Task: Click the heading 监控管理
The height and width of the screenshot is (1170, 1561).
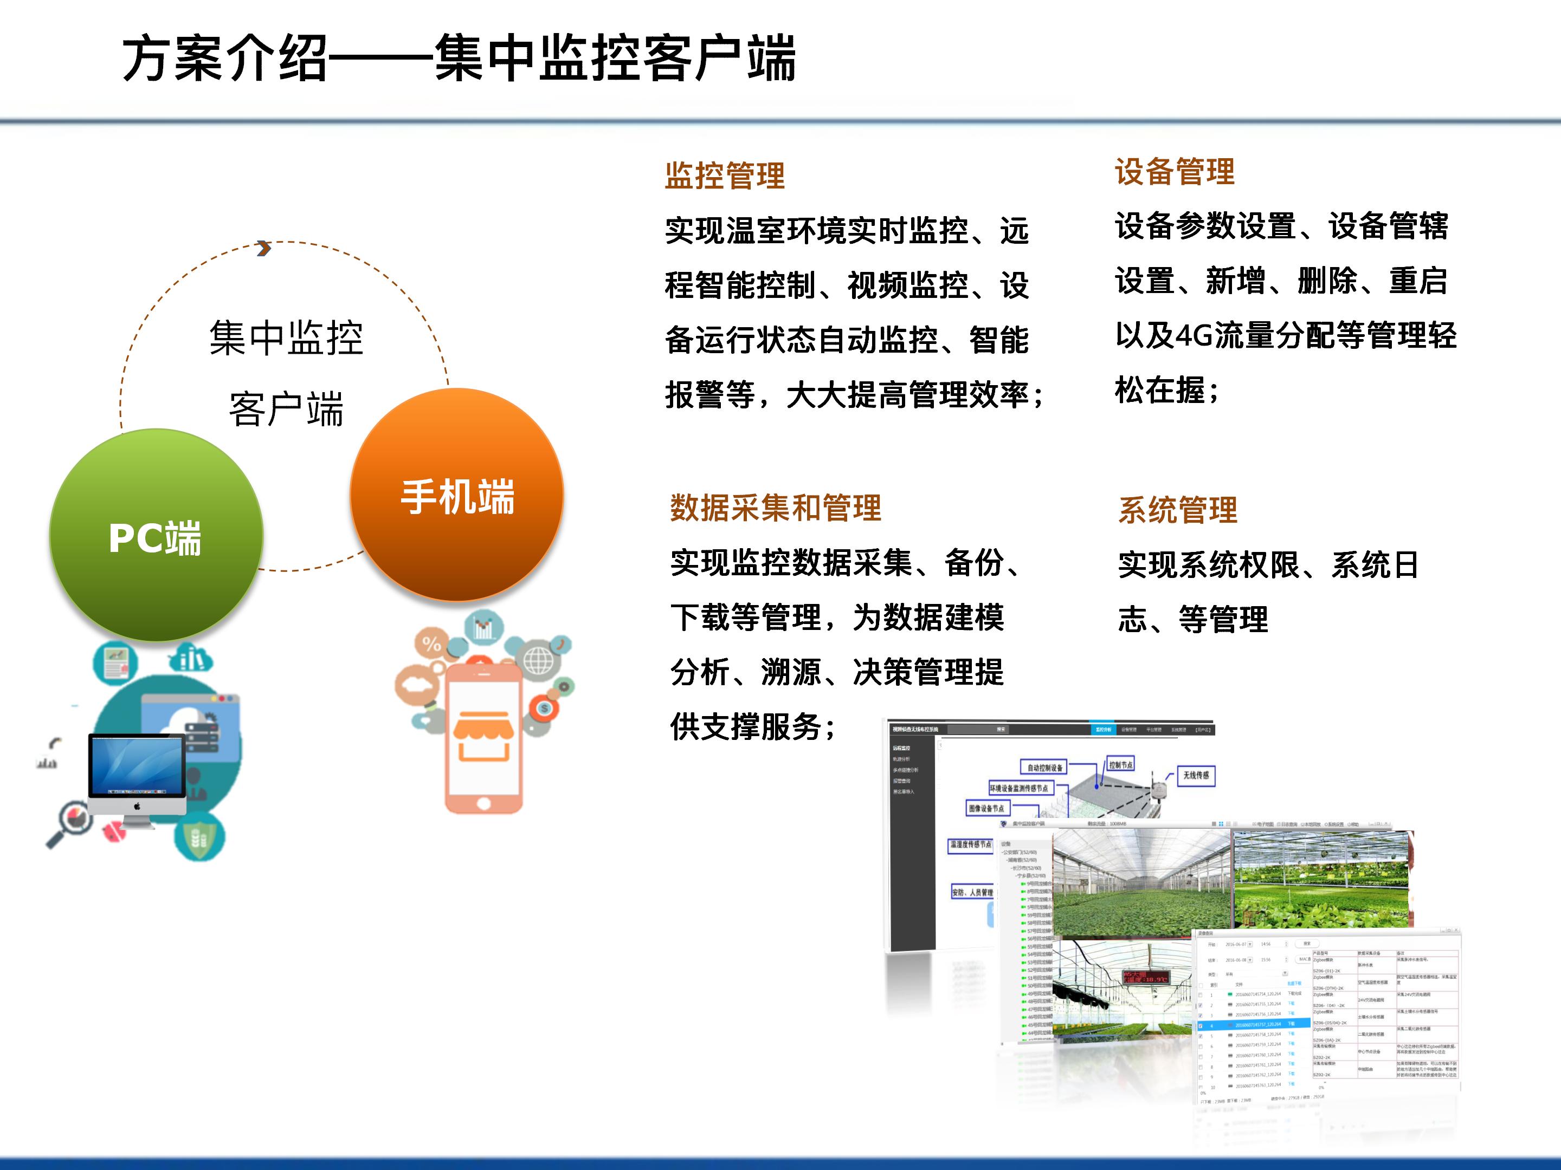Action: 724,175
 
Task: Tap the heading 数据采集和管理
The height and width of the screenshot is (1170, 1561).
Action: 775,508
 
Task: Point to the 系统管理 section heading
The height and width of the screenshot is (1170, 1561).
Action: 1177,510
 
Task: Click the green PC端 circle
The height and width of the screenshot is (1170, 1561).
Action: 156,536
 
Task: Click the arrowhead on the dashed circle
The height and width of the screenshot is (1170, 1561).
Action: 264,248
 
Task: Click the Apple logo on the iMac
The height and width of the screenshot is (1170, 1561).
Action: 138,806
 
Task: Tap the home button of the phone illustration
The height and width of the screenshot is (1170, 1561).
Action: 483,803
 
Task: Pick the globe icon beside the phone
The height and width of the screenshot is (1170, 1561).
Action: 538,661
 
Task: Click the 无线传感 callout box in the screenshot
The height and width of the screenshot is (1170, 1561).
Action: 1196,775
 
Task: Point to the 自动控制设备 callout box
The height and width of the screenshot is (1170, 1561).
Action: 1044,768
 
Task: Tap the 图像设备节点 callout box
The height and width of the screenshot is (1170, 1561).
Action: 986,808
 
